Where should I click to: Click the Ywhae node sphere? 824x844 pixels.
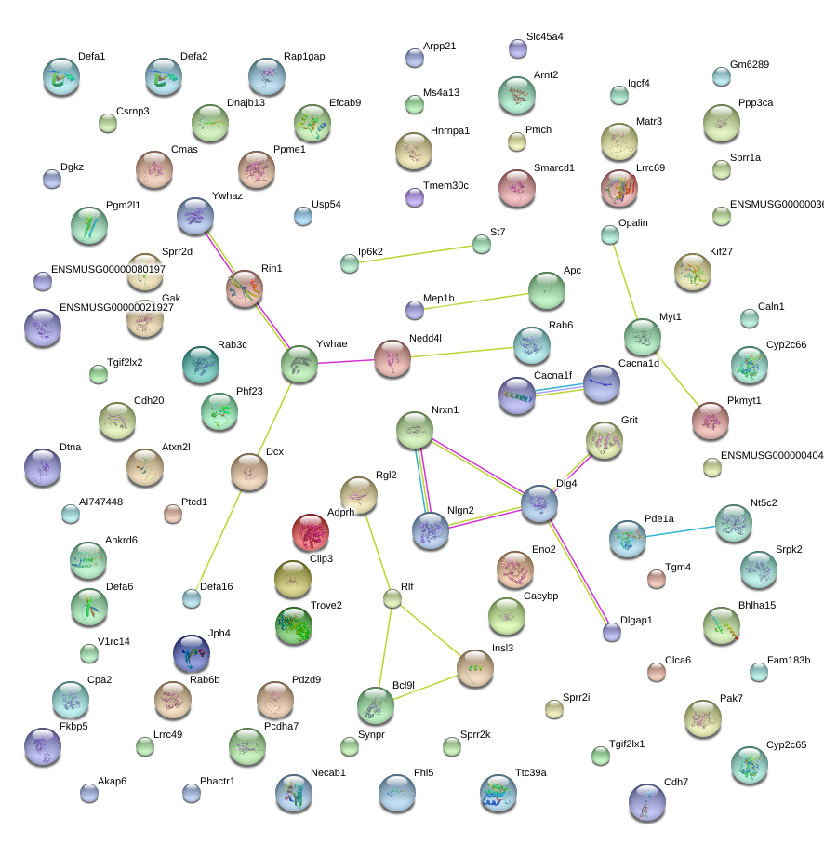(299, 363)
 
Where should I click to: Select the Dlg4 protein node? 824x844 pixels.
(539, 502)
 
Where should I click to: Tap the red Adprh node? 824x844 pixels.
(310, 532)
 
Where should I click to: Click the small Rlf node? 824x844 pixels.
(392, 598)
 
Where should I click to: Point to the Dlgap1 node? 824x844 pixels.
(611, 632)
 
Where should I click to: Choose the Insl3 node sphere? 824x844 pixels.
(474, 667)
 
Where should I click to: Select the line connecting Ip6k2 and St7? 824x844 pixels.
(415, 254)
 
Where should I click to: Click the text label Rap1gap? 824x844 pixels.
(304, 56)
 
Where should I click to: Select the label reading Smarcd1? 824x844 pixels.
(554, 168)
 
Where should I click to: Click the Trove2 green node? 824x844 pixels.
(294, 625)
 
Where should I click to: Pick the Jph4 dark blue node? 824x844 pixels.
(191, 653)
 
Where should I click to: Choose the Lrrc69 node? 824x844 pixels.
(618, 187)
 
